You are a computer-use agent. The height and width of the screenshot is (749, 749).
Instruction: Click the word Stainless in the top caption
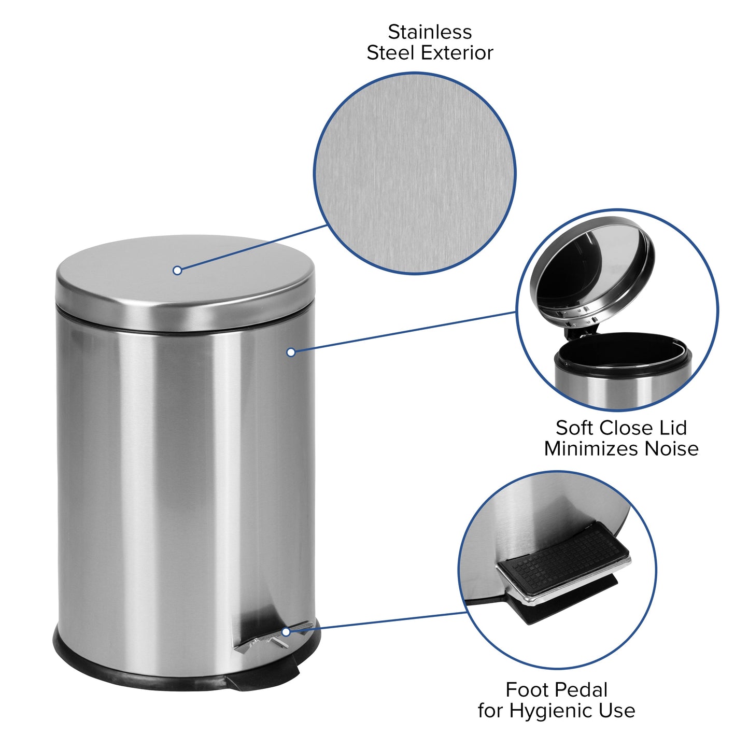[430, 32]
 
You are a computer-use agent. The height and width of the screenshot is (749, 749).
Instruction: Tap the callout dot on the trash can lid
[177, 270]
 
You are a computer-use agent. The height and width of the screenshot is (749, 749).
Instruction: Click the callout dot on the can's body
[291, 352]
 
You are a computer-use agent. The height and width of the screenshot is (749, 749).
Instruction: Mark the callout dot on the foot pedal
[286, 632]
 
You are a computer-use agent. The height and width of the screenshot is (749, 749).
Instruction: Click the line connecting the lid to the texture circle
[254, 248]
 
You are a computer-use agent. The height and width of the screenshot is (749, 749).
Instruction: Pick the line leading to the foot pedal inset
[378, 622]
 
